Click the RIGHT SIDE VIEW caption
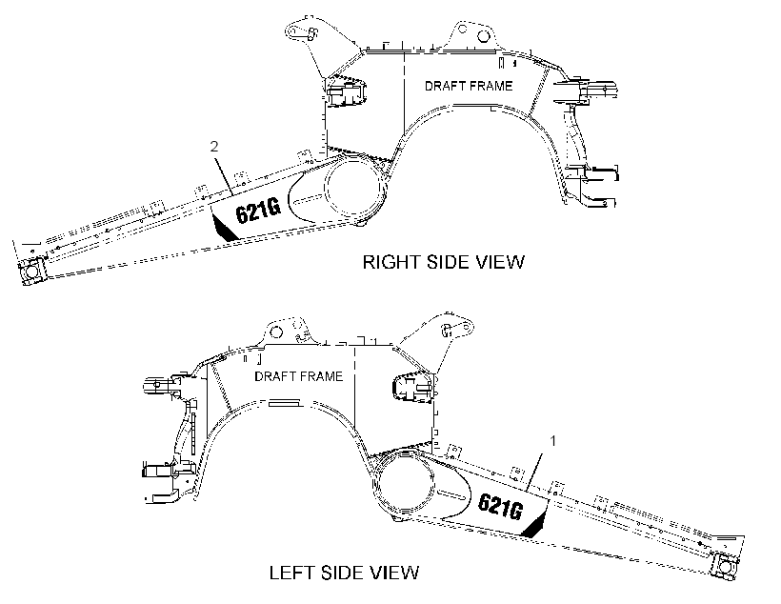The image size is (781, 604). (x=443, y=262)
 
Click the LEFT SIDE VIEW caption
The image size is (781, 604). (x=344, y=573)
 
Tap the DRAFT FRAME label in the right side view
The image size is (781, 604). (x=469, y=86)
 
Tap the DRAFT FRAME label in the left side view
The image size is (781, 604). (x=299, y=376)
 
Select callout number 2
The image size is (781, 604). (x=214, y=147)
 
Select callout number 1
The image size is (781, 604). (x=552, y=440)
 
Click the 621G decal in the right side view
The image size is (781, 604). (x=258, y=210)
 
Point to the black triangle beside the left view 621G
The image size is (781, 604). (x=535, y=525)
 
